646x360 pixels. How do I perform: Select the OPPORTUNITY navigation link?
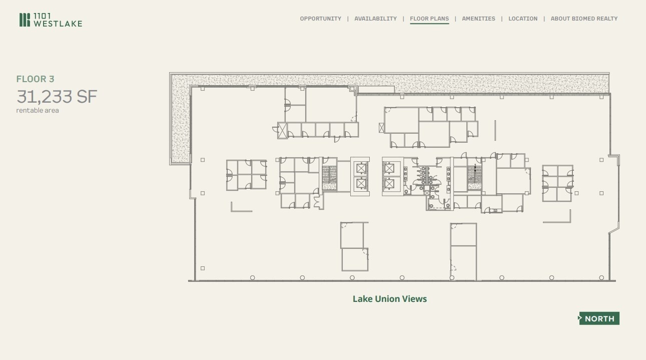320,19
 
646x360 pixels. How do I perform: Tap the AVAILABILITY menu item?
375,19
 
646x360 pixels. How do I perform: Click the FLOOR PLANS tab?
429,19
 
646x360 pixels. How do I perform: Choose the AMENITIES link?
478,19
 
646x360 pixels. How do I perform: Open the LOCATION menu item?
523,19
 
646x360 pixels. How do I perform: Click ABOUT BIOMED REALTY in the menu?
584,19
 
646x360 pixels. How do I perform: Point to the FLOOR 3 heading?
35,79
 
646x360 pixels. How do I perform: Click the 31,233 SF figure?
57,96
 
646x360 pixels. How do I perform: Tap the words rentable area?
38,110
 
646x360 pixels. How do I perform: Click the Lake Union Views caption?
390,299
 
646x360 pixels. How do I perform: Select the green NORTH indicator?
599,318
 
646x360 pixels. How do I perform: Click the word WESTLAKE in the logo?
58,23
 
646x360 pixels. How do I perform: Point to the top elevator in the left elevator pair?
361,168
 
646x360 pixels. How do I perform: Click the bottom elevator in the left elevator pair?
361,183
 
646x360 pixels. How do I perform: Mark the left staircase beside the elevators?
329,178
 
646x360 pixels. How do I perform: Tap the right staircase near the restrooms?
474,178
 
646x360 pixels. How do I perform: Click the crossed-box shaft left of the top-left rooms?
282,131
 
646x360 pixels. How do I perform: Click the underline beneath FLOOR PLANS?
429,24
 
